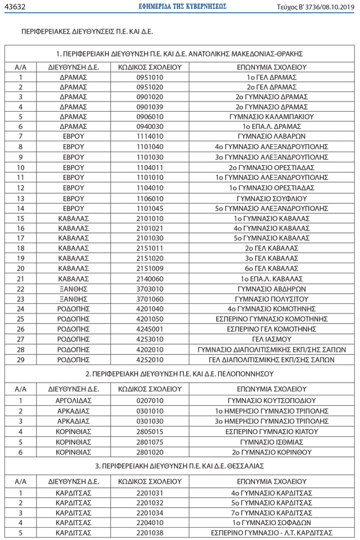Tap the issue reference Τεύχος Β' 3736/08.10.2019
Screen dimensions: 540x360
(315, 7)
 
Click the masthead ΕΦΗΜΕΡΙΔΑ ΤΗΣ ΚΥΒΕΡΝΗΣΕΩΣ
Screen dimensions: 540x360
(184, 7)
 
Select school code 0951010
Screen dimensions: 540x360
(150, 77)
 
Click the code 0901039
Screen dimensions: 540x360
(150, 107)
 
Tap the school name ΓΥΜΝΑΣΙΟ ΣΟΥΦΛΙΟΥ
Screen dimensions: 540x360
(272, 198)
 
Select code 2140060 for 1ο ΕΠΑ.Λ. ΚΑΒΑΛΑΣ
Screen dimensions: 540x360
(150, 278)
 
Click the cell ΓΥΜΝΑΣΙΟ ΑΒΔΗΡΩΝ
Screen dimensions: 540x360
(272, 289)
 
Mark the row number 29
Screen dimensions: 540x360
(20, 359)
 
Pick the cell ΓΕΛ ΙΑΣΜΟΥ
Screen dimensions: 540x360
(272, 339)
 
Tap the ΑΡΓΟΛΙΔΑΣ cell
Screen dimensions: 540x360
(74, 400)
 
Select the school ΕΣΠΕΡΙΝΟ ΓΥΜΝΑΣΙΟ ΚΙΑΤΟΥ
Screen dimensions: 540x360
(272, 432)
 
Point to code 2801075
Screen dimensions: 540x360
(150, 442)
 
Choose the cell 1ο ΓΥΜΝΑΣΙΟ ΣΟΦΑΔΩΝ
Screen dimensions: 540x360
(272, 522)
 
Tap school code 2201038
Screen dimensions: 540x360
(150, 533)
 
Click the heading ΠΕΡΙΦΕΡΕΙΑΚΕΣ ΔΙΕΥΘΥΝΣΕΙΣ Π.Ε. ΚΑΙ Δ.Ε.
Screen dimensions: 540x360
(89, 31)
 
